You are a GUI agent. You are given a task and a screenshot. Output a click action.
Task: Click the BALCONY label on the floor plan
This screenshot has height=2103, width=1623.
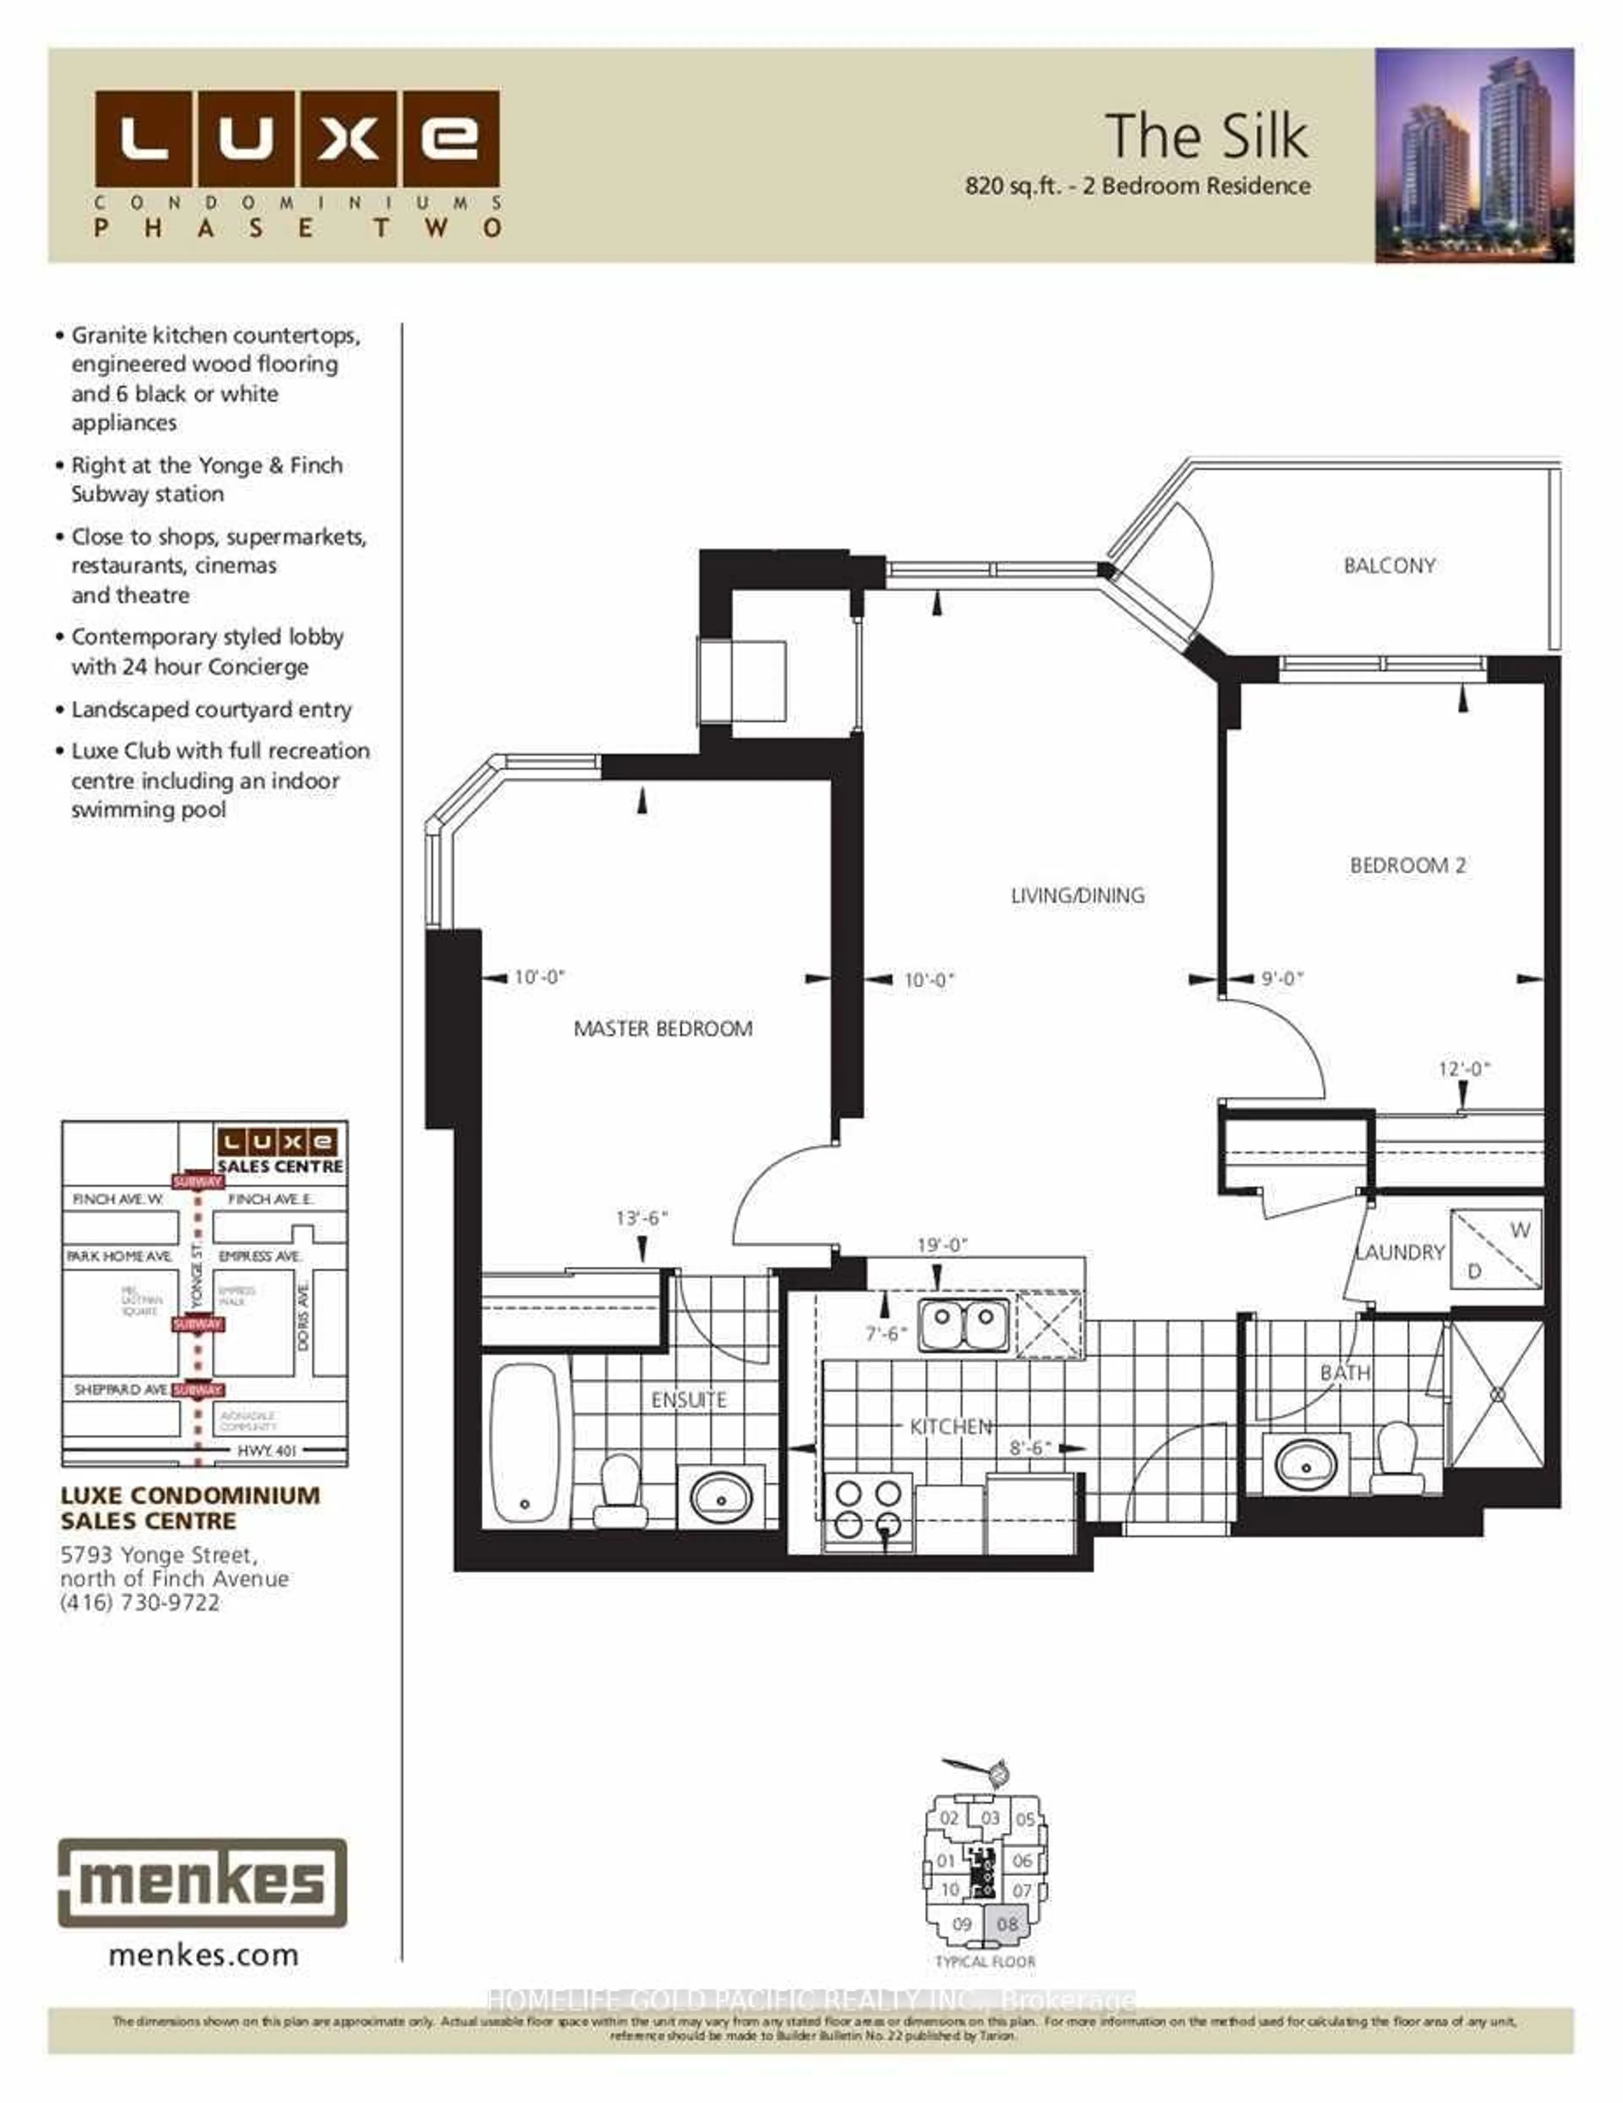pyautogui.click(x=1389, y=565)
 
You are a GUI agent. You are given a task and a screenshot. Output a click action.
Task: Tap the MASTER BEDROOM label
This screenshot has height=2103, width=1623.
pyautogui.click(x=663, y=1028)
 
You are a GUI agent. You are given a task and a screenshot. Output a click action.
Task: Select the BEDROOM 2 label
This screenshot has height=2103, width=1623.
pyautogui.click(x=1407, y=865)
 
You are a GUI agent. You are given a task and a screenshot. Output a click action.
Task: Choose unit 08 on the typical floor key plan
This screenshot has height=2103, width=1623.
pyautogui.click(x=1006, y=1924)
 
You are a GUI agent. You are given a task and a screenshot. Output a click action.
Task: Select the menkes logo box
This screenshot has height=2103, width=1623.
pyautogui.click(x=202, y=1882)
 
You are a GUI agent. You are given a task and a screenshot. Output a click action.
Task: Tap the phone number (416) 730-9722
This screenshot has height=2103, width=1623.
pyautogui.click(x=139, y=1603)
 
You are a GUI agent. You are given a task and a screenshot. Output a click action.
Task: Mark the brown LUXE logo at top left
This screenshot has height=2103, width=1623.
pyautogui.click(x=297, y=139)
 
